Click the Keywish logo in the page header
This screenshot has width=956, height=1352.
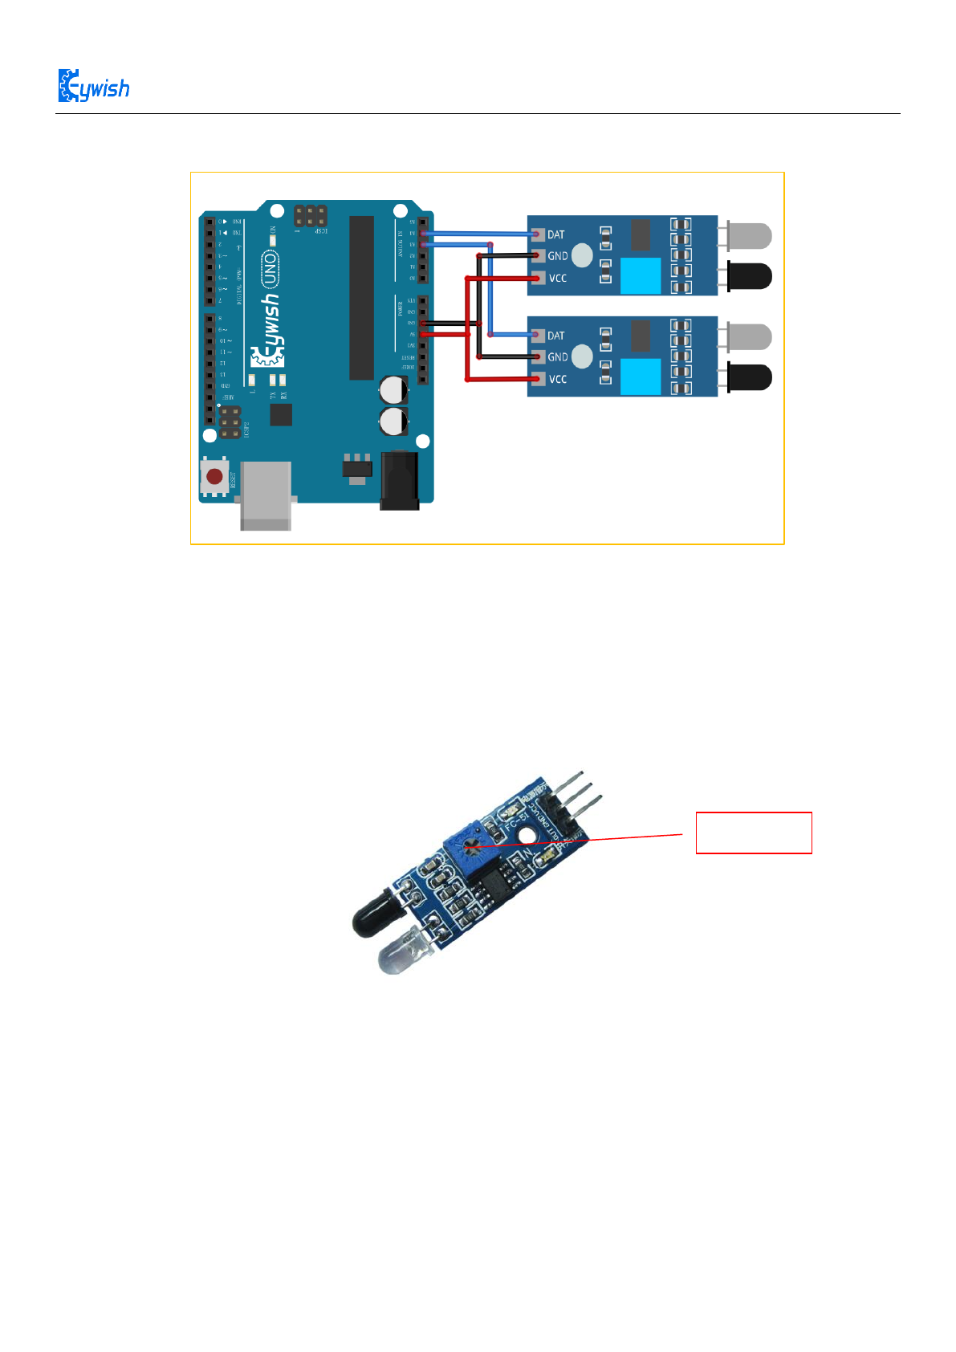(x=93, y=86)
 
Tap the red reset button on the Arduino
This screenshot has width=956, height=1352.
(x=214, y=477)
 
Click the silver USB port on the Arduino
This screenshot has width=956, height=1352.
(x=266, y=495)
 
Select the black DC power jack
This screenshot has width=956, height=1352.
(x=399, y=480)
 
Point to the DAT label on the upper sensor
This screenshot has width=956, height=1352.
(x=555, y=234)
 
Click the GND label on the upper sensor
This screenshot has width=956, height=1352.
(x=557, y=256)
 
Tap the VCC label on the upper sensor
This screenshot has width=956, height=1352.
(x=557, y=279)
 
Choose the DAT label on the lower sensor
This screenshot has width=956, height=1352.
(x=555, y=336)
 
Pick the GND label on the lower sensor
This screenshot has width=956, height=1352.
(x=557, y=357)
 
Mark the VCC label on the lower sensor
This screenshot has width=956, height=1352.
(x=557, y=379)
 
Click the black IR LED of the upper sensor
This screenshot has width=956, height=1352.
(x=749, y=276)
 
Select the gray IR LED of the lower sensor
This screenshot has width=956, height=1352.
(x=749, y=336)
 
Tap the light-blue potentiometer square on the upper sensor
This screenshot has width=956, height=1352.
(x=641, y=276)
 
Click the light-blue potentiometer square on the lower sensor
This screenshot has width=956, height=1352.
(x=641, y=377)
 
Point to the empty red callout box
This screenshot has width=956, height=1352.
(x=753, y=833)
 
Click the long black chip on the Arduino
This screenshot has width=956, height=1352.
(x=361, y=297)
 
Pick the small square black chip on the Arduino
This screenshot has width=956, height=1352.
(x=281, y=414)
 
